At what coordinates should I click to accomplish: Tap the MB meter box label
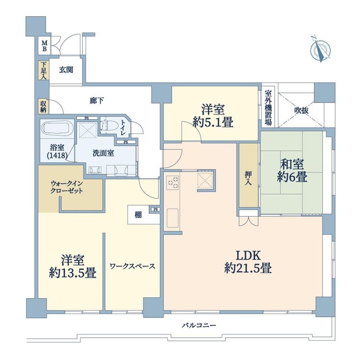(x=44, y=46)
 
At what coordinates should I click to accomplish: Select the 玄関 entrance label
(x=66, y=70)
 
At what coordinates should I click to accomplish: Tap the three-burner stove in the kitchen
(x=173, y=182)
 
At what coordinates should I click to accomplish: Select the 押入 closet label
(x=248, y=178)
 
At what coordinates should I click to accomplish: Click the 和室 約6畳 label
(x=292, y=171)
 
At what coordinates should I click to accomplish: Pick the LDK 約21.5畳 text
(x=248, y=262)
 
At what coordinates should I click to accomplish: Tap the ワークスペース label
(x=133, y=266)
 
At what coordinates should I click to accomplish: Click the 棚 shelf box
(x=138, y=215)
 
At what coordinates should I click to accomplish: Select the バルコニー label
(x=199, y=325)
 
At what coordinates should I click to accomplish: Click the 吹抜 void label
(x=301, y=111)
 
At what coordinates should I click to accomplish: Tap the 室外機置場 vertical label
(x=268, y=108)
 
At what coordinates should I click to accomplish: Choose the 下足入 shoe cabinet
(x=43, y=70)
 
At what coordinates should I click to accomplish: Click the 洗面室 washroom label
(x=103, y=153)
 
